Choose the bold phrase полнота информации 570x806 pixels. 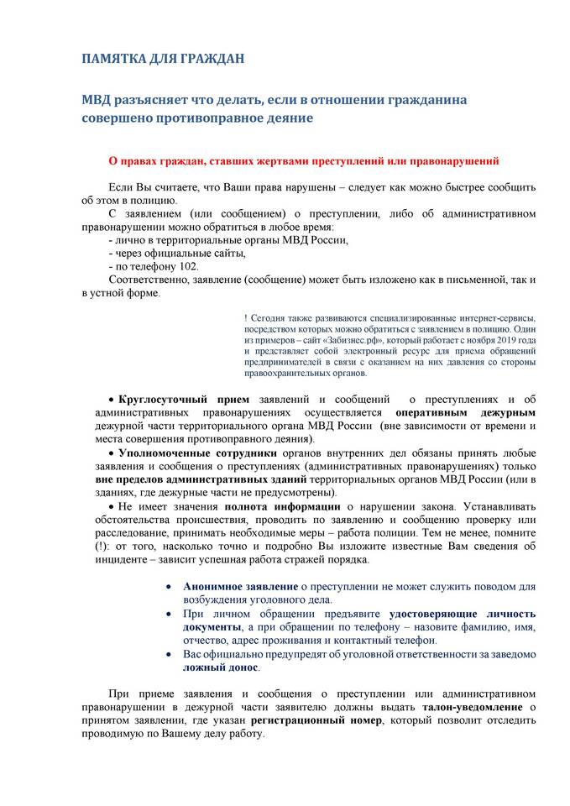281,506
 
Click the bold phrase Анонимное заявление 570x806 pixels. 240,587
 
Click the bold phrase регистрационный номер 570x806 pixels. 322,720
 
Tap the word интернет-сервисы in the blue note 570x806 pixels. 492,320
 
